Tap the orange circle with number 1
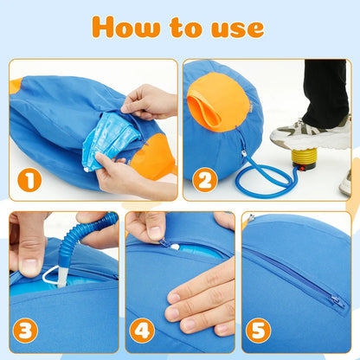pos(30,181)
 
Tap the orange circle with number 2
pos(203,181)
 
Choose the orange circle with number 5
pos(259,331)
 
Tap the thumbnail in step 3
pos(29,265)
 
